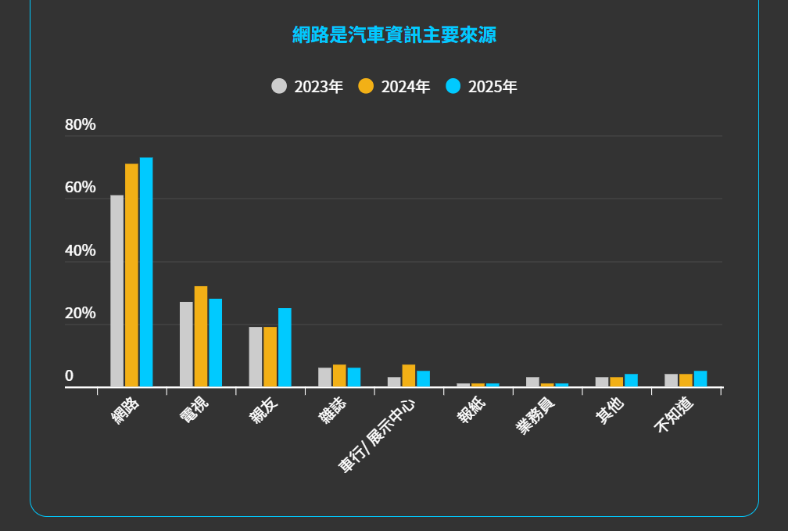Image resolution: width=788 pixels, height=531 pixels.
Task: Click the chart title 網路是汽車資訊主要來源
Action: pyautogui.click(x=394, y=34)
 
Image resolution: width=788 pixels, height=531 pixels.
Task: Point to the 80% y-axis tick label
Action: pyautogui.click(x=81, y=125)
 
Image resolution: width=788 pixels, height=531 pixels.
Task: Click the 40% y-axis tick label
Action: pyautogui.click(x=81, y=251)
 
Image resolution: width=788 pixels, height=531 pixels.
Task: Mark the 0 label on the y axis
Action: pyautogui.click(x=70, y=376)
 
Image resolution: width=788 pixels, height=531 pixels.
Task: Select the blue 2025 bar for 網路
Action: pyautogui.click(x=146, y=272)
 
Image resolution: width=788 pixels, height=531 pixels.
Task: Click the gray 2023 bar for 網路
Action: pyautogui.click(x=116, y=291)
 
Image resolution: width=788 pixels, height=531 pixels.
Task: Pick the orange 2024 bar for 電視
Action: pyautogui.click(x=201, y=336)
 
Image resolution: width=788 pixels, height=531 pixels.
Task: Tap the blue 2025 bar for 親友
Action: pyautogui.click(x=285, y=347)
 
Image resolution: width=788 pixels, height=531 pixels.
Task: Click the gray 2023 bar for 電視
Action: pyautogui.click(x=186, y=344)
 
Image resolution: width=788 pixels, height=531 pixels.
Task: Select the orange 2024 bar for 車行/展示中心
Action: pyautogui.click(x=409, y=375)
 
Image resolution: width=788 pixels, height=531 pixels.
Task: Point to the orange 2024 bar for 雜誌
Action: pyautogui.click(x=339, y=375)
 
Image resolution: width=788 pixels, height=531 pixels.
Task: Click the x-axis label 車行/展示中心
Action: pyautogui.click(x=377, y=436)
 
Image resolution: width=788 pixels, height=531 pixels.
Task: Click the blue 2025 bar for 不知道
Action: pyautogui.click(x=700, y=379)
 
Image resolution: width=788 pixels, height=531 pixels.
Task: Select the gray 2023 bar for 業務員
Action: pyautogui.click(x=532, y=382)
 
